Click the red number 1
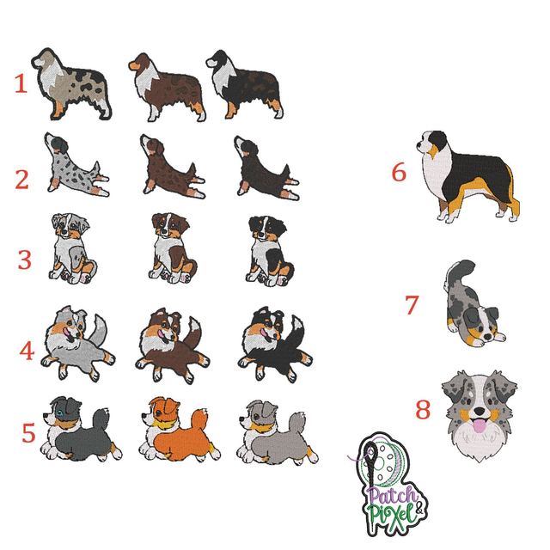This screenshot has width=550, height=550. click(x=21, y=83)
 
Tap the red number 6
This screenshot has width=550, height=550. click(x=399, y=172)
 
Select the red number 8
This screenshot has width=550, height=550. click(x=423, y=409)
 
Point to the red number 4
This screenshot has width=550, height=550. click(x=27, y=351)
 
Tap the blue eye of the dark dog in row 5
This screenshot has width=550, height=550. click(x=61, y=412)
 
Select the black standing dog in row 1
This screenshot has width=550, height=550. click(x=245, y=84)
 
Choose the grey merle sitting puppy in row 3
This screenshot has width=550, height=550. click(x=72, y=248)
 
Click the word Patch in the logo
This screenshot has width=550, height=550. click(x=392, y=497)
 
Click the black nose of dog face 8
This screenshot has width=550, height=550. click(x=478, y=411)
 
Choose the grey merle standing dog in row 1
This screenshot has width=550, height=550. click(x=71, y=84)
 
